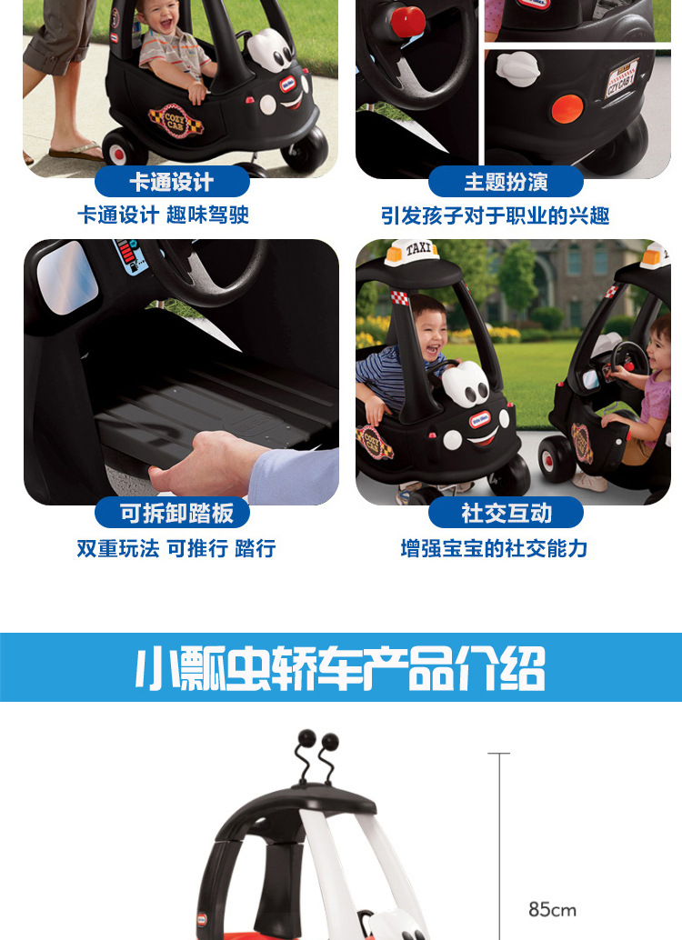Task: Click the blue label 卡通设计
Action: tap(171, 183)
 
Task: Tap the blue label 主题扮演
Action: tap(506, 183)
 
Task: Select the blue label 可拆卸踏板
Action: tap(176, 514)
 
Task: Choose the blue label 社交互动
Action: tap(506, 514)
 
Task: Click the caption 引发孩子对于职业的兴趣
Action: tap(495, 216)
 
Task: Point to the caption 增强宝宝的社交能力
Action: tap(495, 548)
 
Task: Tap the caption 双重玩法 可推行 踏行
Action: tap(176, 548)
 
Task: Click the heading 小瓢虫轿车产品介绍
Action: tap(340, 669)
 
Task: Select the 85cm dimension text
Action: tap(552, 909)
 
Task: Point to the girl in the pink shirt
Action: tap(652, 391)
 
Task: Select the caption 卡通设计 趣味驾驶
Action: tap(163, 216)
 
